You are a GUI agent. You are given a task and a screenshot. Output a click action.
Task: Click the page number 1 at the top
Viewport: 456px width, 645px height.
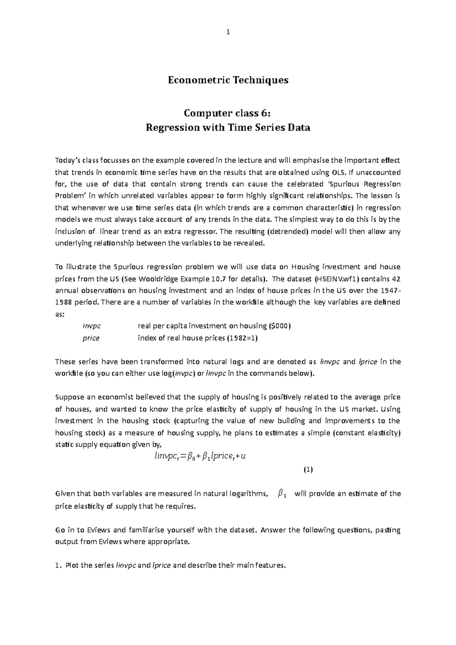[228, 33]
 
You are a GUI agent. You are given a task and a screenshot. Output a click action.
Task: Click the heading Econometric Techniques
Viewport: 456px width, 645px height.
[228, 80]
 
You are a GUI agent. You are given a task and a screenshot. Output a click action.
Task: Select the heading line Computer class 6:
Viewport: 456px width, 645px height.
[228, 113]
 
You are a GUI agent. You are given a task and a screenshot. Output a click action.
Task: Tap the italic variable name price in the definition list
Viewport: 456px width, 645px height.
[91, 338]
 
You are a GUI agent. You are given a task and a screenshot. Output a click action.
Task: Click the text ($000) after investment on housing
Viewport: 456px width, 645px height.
[280, 326]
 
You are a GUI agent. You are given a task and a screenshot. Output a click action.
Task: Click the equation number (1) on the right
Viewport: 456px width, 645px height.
[308, 470]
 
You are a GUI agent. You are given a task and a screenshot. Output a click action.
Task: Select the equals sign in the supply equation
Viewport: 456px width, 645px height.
[185, 457]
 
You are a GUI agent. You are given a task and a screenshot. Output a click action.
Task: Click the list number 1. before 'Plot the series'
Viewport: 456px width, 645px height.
[58, 566]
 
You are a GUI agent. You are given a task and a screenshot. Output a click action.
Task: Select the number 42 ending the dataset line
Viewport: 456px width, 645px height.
[396, 279]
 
